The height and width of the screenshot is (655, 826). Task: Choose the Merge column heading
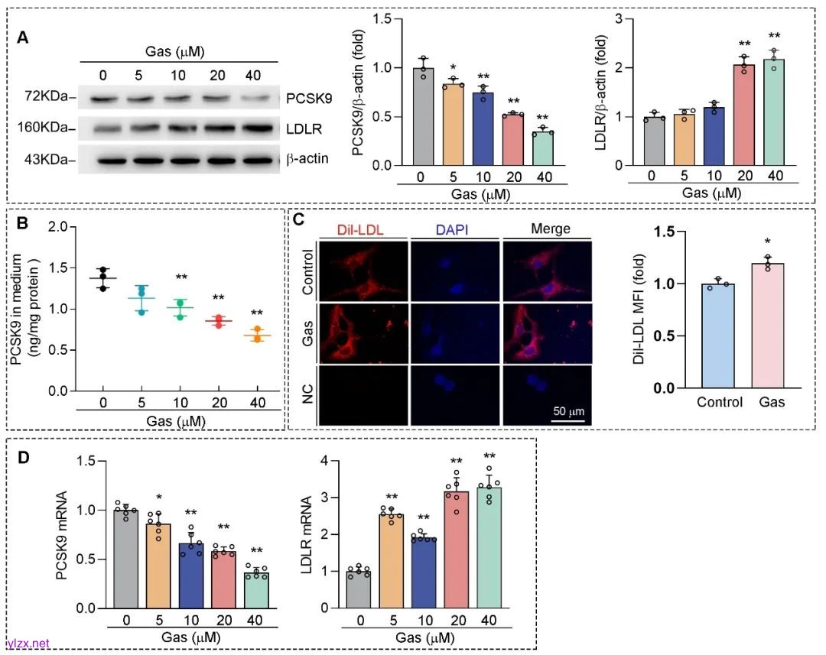(545, 229)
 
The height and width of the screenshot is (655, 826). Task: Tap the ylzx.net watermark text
(28, 644)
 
